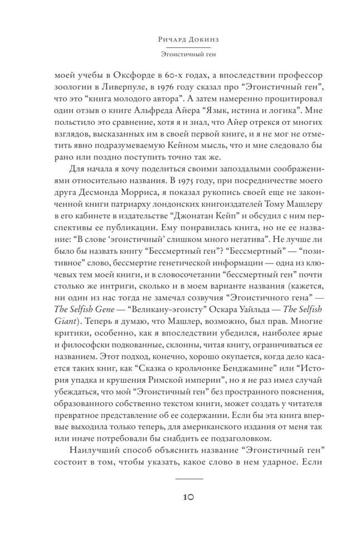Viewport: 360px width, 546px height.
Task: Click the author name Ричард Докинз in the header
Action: click(x=180, y=40)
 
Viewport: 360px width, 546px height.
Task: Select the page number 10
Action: click(x=180, y=497)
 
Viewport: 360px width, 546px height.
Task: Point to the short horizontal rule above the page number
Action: click(x=180, y=478)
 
